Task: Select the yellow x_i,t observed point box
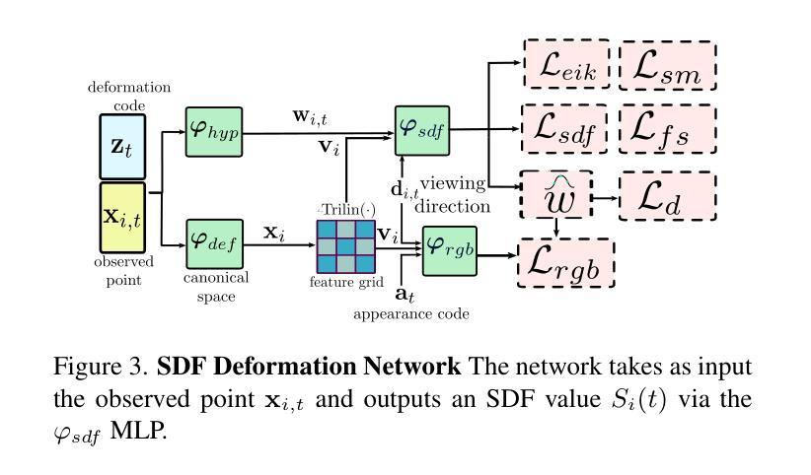point(122,217)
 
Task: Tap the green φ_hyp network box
point(214,129)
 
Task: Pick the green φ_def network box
point(214,241)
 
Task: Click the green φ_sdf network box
point(422,129)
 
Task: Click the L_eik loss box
point(567,66)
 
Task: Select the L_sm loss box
point(667,66)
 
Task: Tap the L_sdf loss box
point(566,129)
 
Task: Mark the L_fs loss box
point(667,129)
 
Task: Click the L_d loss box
point(667,195)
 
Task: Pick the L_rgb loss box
point(566,263)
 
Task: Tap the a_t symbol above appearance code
point(404,294)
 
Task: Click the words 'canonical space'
point(215,286)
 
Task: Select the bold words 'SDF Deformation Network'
point(309,368)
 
